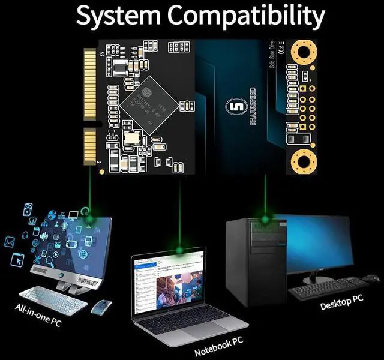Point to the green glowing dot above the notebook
[x=179, y=248]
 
